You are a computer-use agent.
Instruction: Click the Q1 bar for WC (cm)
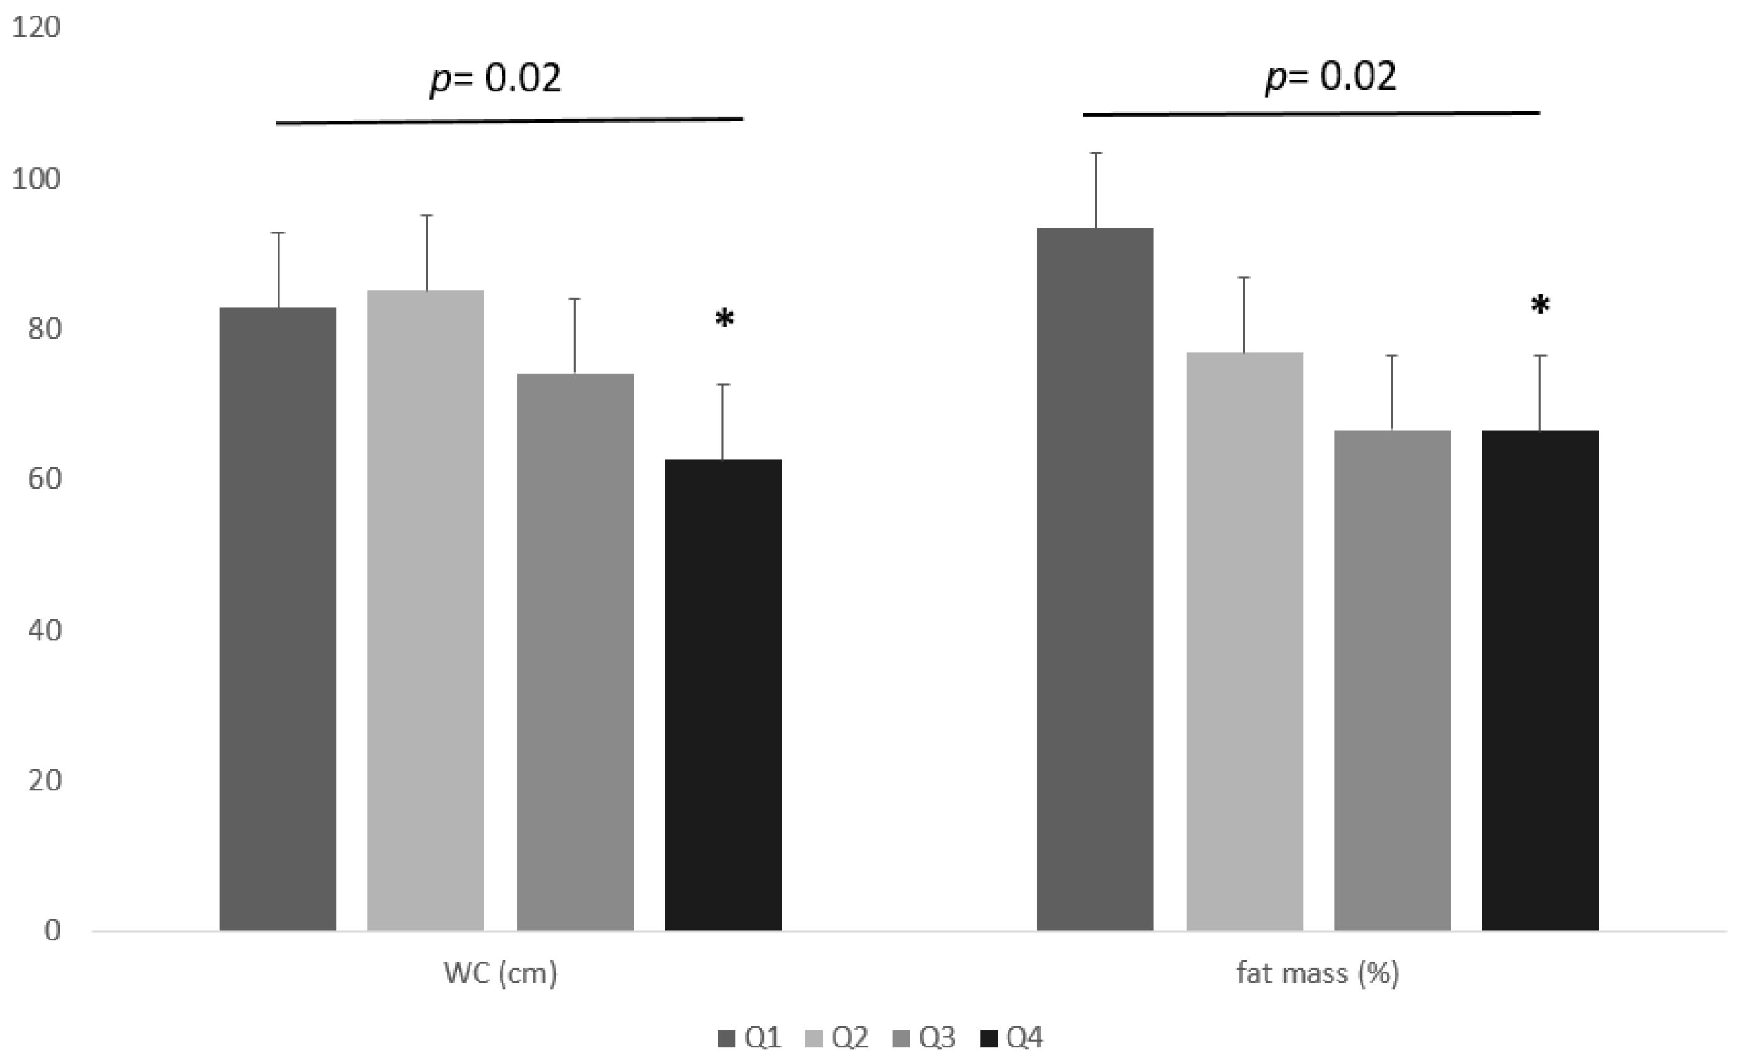(278, 619)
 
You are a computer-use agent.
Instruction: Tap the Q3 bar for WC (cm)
(575, 651)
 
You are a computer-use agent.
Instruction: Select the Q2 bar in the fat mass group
(1244, 640)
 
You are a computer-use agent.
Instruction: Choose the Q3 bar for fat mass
(1392, 680)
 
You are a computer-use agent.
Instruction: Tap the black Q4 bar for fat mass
(1540, 680)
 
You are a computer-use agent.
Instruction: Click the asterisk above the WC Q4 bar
(724, 319)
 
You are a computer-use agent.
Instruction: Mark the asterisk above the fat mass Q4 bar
(1540, 306)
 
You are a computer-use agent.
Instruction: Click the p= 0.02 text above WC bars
(496, 79)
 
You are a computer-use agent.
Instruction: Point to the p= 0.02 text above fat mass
(1331, 77)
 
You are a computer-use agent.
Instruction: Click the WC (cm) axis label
(500, 973)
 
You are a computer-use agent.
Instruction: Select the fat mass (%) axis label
(1317, 973)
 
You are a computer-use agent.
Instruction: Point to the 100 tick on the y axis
(36, 179)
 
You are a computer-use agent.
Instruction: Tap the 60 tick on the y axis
(44, 479)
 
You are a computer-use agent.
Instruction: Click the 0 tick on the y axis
(52, 931)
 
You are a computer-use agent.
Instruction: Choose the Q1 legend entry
(749, 1037)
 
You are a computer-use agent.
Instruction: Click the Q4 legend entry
(1012, 1037)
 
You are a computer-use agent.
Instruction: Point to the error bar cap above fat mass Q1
(1096, 153)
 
